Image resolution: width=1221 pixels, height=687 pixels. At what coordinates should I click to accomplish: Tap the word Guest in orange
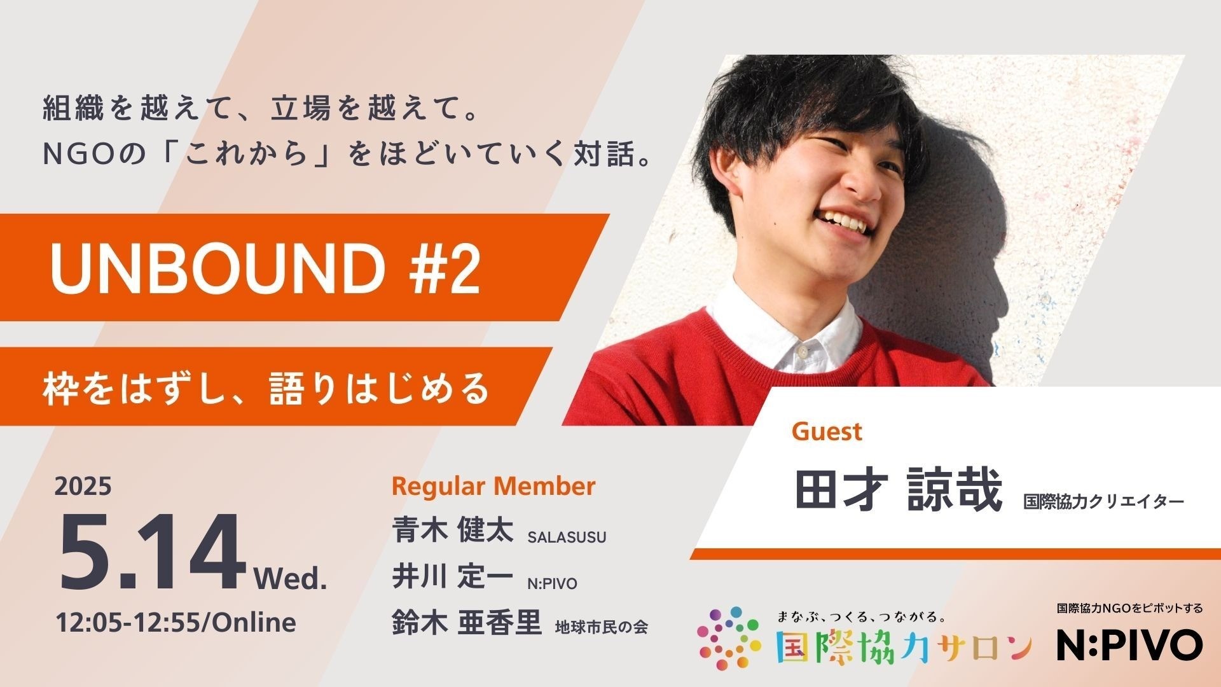tap(827, 432)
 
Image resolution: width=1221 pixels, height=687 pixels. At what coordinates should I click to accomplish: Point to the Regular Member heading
tap(493, 487)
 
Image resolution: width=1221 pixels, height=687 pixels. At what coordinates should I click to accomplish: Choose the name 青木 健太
tap(453, 531)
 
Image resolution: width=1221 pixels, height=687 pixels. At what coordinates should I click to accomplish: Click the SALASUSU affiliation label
tap(567, 538)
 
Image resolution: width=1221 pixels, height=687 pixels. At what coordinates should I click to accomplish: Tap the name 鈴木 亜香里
tap(467, 623)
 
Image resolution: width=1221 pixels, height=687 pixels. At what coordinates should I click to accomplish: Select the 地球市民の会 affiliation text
tap(602, 628)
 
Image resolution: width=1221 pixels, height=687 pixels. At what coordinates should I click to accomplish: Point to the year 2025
tap(83, 487)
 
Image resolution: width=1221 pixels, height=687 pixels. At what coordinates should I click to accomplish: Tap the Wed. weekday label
tap(291, 579)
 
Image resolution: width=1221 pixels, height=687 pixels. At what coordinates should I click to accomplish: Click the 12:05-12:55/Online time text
tap(176, 622)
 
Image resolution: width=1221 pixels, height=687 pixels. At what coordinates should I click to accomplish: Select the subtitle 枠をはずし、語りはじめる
tap(266, 389)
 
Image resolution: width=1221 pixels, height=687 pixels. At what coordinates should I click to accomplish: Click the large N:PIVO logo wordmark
tap(1129, 645)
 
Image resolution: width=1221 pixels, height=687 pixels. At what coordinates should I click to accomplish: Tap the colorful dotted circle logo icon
tap(729, 638)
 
